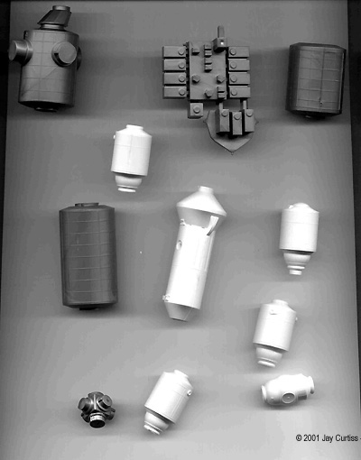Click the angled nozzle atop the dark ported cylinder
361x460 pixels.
(x=55, y=17)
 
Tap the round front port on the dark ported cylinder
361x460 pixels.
(x=64, y=53)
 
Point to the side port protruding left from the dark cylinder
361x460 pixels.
(x=20, y=51)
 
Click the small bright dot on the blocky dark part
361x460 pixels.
(x=222, y=42)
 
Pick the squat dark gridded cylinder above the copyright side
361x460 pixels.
(x=315, y=80)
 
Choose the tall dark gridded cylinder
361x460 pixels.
(x=88, y=256)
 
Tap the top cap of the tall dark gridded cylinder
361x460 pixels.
(x=87, y=205)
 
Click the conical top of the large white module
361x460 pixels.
(x=202, y=201)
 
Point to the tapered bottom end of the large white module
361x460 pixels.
(x=180, y=310)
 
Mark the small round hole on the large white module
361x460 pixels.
(x=180, y=243)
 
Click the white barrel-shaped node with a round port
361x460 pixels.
(x=288, y=391)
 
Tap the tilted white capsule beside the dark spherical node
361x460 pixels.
(x=167, y=401)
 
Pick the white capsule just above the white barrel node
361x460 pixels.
(x=273, y=333)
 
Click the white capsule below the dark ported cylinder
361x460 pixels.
(x=131, y=158)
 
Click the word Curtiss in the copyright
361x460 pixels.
(x=346, y=438)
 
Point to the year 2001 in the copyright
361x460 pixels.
(x=311, y=438)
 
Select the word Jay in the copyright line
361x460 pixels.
(x=327, y=438)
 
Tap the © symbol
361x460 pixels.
(x=299, y=438)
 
